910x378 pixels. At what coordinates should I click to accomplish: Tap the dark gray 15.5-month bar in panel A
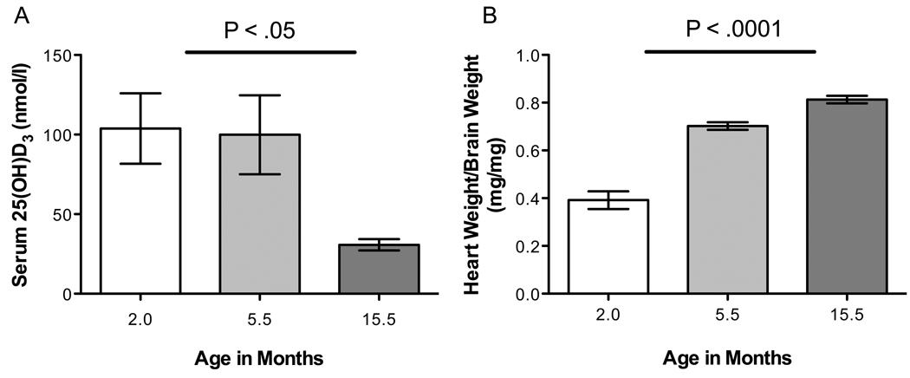click(379, 270)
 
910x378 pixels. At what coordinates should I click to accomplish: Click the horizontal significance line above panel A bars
click(270, 52)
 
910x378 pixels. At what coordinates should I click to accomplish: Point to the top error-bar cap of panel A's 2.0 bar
click(140, 94)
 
